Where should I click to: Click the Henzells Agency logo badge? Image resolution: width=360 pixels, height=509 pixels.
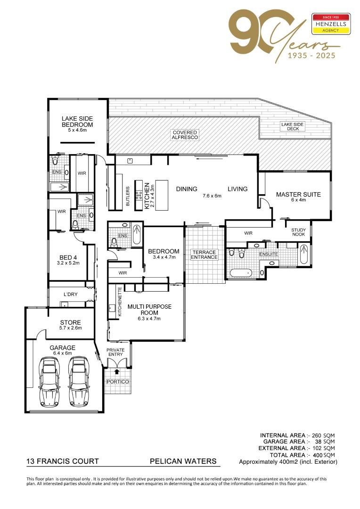click(331, 24)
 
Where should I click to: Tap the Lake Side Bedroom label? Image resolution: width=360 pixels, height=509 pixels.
click(77, 122)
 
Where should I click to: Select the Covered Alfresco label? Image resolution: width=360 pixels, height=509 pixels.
click(185, 135)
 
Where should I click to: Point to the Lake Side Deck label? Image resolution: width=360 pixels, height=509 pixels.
click(292, 126)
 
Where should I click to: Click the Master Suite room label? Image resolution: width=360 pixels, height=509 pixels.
click(298, 195)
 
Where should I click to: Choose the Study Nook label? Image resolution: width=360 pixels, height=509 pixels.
click(298, 232)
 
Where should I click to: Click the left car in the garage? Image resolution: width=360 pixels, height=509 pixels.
click(49, 382)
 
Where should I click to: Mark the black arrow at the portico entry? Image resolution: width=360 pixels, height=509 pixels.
click(117, 371)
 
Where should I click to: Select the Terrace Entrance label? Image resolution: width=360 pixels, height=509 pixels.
click(204, 254)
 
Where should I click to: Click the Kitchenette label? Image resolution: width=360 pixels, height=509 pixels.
click(120, 302)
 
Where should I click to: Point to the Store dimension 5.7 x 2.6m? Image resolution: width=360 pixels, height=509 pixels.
click(70, 328)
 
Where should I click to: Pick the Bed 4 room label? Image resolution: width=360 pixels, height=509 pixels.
click(68, 257)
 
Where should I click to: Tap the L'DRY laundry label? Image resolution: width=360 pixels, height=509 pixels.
click(70, 294)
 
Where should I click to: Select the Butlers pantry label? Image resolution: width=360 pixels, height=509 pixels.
click(128, 196)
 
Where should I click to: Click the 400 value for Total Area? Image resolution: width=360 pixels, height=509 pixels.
click(318, 455)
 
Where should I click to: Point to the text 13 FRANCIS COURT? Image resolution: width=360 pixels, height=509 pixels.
click(62, 461)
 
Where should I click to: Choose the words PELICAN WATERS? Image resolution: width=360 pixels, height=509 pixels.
click(183, 461)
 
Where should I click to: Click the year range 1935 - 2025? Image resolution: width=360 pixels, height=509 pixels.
click(311, 56)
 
